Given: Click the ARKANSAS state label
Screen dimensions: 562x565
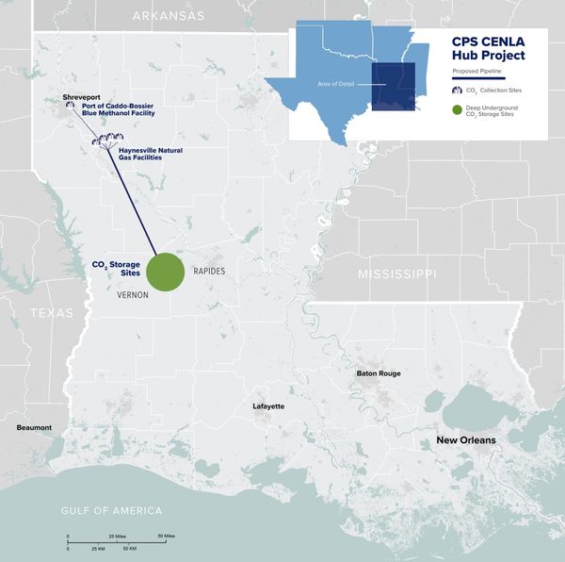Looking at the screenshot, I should [169, 15].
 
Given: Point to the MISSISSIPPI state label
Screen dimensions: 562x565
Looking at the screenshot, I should [396, 273].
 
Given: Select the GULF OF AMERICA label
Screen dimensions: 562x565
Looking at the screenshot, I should [112, 510].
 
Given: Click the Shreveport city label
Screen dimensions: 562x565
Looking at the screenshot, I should [81, 97].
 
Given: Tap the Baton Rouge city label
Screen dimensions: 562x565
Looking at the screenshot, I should [379, 373].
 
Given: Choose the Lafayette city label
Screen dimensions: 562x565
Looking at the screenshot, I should [268, 406].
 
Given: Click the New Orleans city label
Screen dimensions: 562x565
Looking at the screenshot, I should [465, 440].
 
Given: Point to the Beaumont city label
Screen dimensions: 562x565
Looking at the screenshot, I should [34, 427].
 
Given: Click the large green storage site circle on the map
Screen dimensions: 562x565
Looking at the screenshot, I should [165, 272].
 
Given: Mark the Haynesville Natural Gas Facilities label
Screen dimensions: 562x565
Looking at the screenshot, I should [151, 154].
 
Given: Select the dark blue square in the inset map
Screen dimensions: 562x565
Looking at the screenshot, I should [394, 87].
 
